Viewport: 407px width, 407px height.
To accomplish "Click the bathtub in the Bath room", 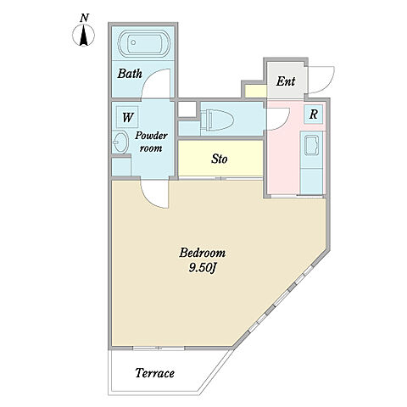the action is point(144,43).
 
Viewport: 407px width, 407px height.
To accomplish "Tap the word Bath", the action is point(130,74).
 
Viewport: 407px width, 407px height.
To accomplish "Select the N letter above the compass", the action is point(84,18).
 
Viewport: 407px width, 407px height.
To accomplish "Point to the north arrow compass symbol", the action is point(83,36).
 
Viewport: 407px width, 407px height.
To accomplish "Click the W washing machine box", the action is point(127,117).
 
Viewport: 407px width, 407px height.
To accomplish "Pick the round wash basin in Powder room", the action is point(120,142).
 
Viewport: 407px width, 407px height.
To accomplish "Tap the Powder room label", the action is point(151,142).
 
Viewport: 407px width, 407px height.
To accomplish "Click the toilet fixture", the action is point(217,120).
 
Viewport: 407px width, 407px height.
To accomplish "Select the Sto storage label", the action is point(220,159).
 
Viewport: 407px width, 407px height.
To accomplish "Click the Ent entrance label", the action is point(286,81).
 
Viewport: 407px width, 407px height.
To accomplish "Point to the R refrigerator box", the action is point(313,114).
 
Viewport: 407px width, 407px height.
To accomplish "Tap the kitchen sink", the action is point(311,145).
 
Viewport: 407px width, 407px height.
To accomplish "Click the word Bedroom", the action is point(203,253).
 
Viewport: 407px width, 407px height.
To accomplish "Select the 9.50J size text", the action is point(203,268).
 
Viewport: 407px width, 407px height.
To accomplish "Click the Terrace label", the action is point(154,373).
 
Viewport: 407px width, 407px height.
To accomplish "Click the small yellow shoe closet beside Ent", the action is point(256,91).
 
